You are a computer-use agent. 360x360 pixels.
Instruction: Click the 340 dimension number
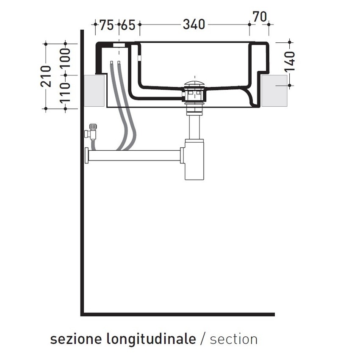pyautogui.click(x=194, y=25)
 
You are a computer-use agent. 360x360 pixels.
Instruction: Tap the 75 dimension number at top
pyautogui.click(x=107, y=25)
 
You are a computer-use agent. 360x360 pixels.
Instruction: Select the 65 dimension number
pyautogui.click(x=127, y=25)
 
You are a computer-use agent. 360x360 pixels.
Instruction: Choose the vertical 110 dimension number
pyautogui.click(x=65, y=92)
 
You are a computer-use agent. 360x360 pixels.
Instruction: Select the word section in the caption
pyautogui.click(x=233, y=339)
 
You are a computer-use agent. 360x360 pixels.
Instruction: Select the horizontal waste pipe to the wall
pyautogui.click(x=136, y=155)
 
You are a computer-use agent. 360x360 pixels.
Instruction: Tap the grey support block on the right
pyautogui.click(x=275, y=91)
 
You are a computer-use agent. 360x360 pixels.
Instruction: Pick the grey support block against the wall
pyautogui.click(x=94, y=91)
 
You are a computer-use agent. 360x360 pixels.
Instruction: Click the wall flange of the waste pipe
pyautogui.click(x=87, y=155)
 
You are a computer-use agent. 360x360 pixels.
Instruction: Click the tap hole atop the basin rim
pyautogui.click(x=119, y=44)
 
